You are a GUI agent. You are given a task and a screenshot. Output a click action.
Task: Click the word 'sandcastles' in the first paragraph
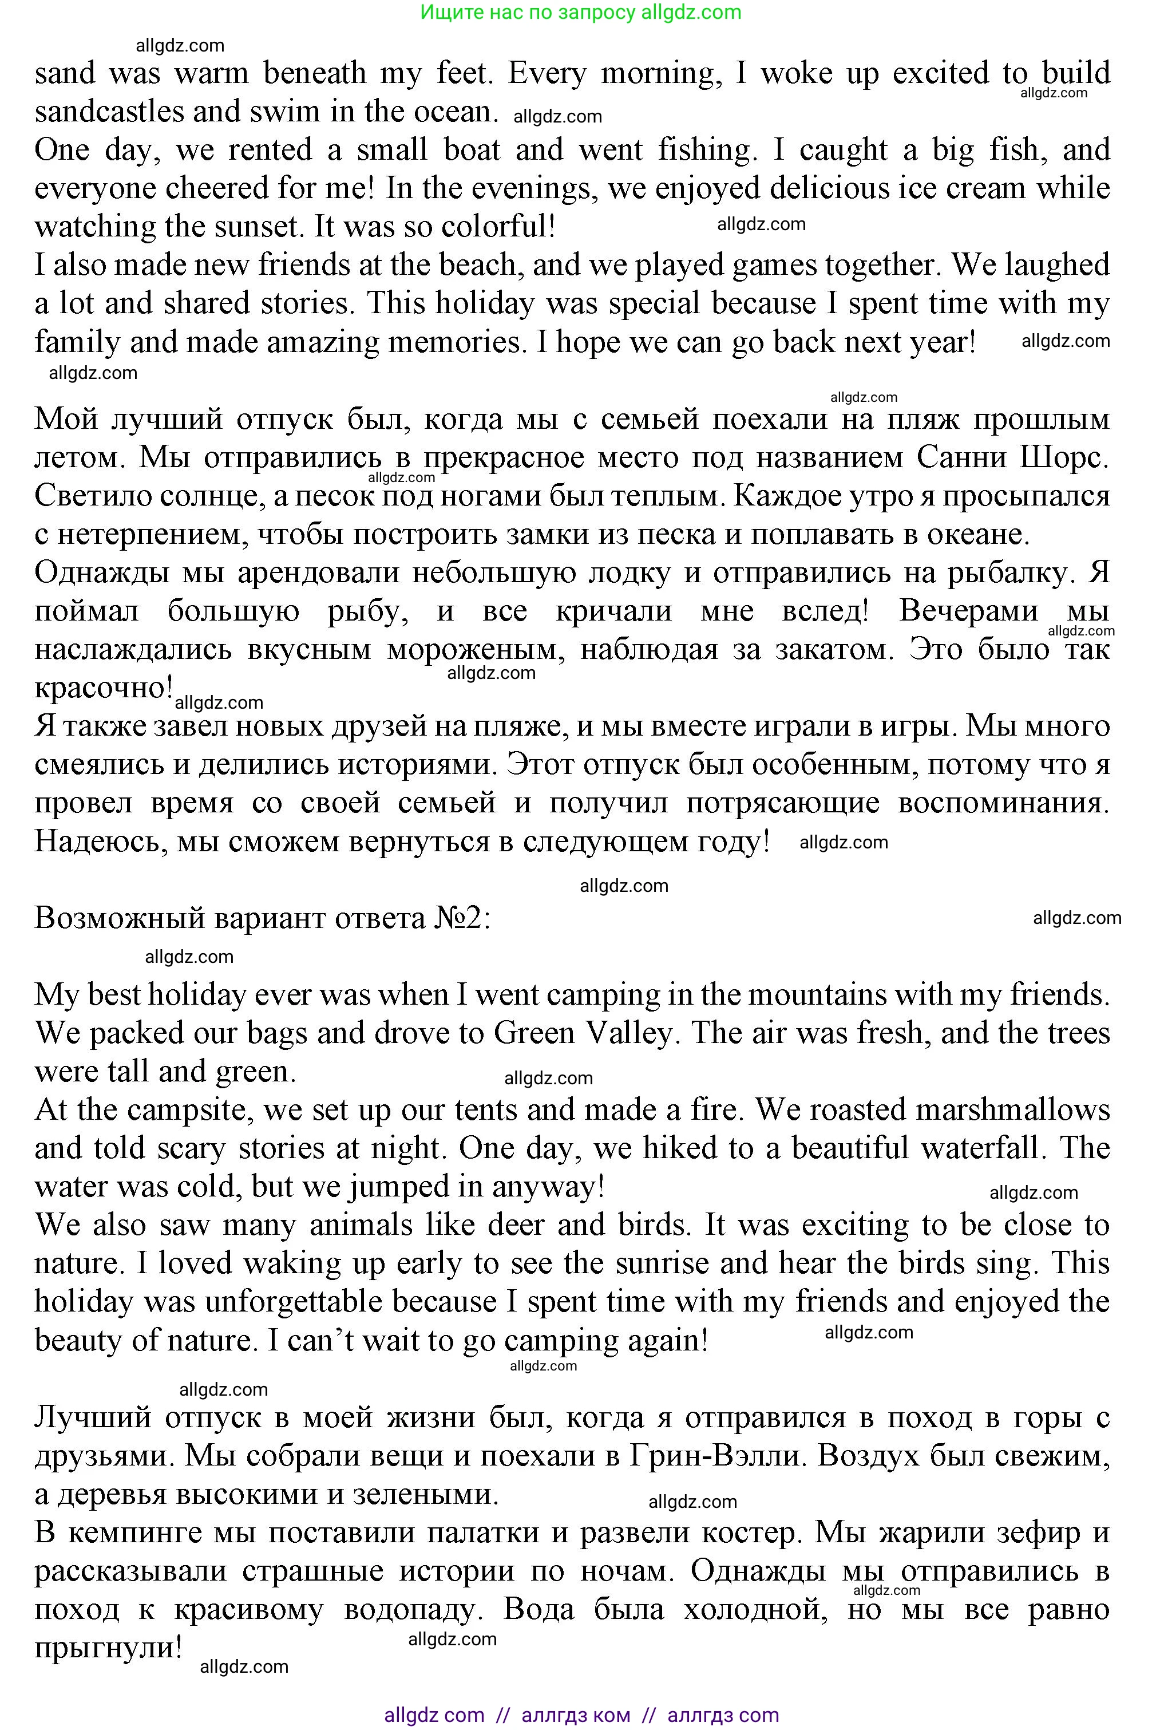(108, 112)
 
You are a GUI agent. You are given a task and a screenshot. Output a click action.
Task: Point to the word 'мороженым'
(474, 650)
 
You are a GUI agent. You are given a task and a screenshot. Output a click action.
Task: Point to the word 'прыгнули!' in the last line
(108, 1648)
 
